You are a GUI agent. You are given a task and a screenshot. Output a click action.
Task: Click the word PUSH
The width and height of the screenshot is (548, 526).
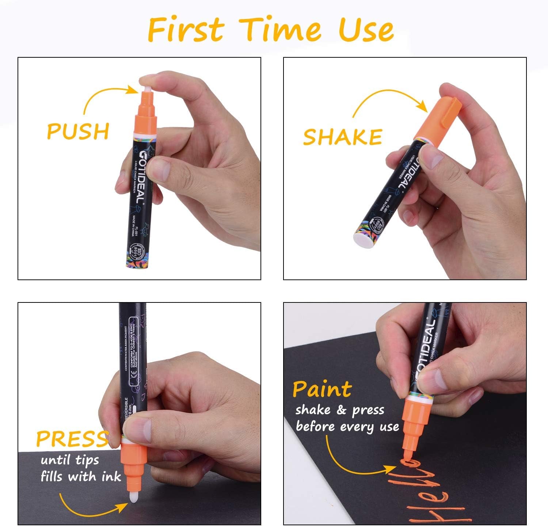point(78,131)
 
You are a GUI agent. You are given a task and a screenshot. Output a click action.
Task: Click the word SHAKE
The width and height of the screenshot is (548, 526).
point(342,137)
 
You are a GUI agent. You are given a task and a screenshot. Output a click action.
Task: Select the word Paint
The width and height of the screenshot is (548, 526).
point(322,389)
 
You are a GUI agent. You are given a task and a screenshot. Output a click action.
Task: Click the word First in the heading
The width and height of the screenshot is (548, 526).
point(186,30)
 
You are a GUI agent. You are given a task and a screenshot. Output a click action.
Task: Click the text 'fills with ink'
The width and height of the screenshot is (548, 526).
point(81,477)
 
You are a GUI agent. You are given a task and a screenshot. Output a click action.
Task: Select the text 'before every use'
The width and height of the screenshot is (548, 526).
point(347,426)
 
